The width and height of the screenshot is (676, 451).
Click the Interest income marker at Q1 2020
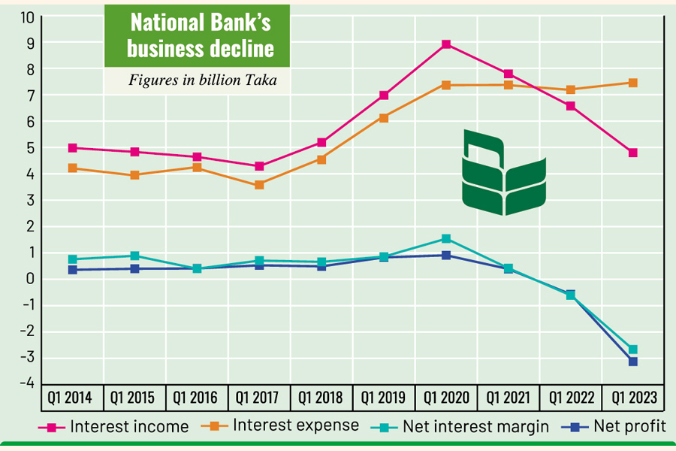[x=446, y=44]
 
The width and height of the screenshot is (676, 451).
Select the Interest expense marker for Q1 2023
[x=633, y=83]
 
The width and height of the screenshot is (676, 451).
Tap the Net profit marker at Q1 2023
[x=633, y=362]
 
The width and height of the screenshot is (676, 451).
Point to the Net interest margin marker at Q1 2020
[x=446, y=239]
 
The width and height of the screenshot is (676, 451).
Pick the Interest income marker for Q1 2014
[x=73, y=148]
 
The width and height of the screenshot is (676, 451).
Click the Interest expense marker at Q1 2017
[x=259, y=184]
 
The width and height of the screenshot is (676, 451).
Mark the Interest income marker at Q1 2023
[x=633, y=153]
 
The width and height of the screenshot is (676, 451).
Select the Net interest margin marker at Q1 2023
[x=633, y=350]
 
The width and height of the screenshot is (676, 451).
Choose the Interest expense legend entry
[x=281, y=425]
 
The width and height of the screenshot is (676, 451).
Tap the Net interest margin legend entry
[x=461, y=427]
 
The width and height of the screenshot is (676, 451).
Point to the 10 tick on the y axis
[x=27, y=17]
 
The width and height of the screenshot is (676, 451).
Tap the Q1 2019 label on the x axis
[x=384, y=397]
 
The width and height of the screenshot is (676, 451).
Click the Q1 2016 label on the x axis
[x=197, y=397]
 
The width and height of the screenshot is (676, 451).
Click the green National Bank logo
[x=504, y=172]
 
